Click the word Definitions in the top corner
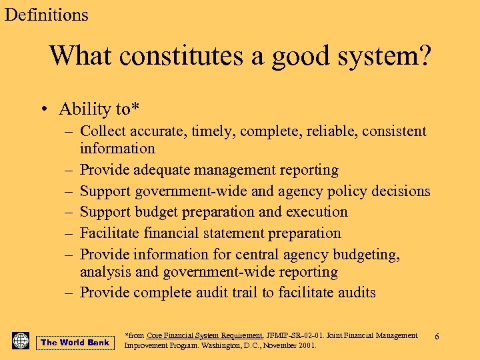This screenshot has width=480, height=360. point(47,15)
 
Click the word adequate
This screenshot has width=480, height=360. point(163,170)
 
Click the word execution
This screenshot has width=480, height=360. point(317,212)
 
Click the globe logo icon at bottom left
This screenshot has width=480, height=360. point(21,341)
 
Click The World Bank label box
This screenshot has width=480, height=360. point(75,343)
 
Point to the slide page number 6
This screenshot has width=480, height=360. point(437,337)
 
